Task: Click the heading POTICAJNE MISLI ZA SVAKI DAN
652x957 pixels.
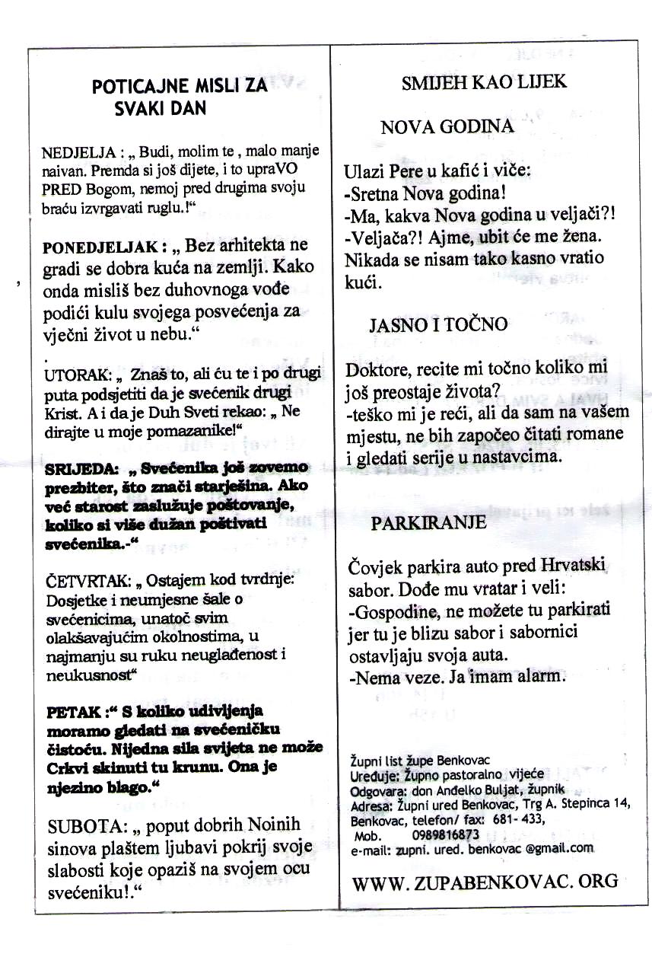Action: pyautogui.click(x=180, y=97)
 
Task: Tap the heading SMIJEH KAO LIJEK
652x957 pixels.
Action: pyautogui.click(x=484, y=82)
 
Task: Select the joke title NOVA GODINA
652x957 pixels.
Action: pyautogui.click(x=447, y=127)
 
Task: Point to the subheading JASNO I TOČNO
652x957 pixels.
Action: pyautogui.click(x=437, y=325)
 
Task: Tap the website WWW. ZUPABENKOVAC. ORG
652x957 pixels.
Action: pyautogui.click(x=485, y=882)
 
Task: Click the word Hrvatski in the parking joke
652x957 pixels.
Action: pyautogui.click(x=561, y=567)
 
